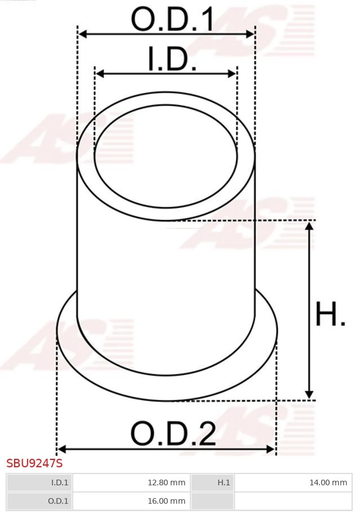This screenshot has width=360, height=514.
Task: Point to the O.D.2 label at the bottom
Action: (173, 433)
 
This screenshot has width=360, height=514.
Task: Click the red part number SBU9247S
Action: (34, 463)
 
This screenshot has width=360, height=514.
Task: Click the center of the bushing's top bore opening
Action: (166, 153)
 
